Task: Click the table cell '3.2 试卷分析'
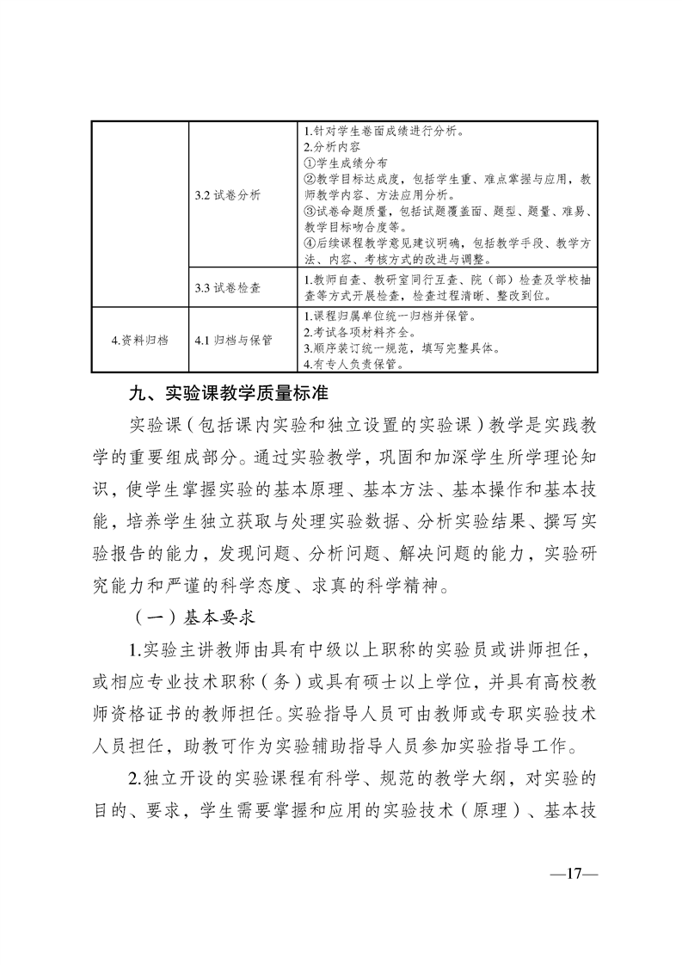click(227, 195)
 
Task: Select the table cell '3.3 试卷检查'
click(227, 287)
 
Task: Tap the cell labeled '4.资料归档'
click(140, 340)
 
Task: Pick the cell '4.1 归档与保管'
click(233, 340)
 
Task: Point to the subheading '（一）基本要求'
click(189, 617)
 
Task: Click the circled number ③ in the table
click(310, 211)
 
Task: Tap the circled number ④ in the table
click(310, 243)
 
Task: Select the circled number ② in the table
click(310, 179)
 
